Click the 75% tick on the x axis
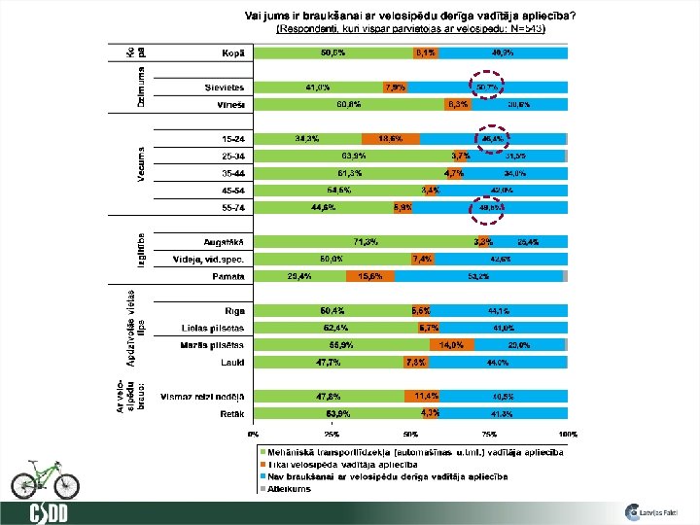point(489,435)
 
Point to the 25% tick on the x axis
point(332,435)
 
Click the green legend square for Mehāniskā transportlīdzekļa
point(262,453)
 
